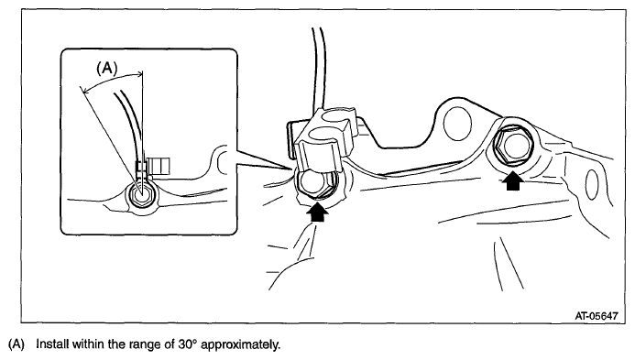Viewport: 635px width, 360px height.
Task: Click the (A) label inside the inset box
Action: point(107,68)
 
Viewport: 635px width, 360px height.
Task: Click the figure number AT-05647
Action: point(597,315)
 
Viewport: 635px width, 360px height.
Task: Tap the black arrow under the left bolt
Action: point(318,213)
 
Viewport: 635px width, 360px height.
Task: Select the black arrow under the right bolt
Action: point(512,180)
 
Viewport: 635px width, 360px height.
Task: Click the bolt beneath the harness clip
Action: point(317,183)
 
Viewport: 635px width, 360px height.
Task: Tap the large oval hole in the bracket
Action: point(457,123)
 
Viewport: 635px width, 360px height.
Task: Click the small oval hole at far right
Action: point(592,185)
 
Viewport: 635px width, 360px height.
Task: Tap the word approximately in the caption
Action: point(241,345)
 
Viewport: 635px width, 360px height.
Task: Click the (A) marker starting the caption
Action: point(16,344)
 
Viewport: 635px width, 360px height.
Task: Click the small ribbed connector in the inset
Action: point(159,166)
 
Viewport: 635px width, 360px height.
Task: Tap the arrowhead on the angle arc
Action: point(140,73)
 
